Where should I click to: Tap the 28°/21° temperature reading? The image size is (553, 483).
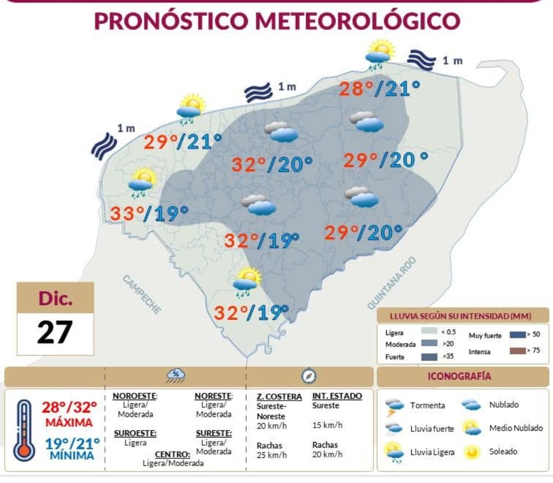[x=379, y=89]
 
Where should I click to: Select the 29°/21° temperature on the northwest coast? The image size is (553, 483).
[x=182, y=142]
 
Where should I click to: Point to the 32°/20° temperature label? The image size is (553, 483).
[x=272, y=165]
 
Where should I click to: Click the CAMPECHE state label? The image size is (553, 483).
[x=142, y=294]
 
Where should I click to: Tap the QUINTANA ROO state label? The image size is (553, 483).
[x=392, y=283]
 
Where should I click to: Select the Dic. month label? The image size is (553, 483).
[x=55, y=299]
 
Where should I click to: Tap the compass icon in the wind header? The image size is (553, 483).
[x=308, y=377]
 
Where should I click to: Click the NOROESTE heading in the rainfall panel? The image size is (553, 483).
[x=135, y=396]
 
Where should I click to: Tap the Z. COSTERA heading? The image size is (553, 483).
[x=279, y=397]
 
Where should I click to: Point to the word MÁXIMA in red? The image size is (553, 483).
[x=69, y=423]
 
